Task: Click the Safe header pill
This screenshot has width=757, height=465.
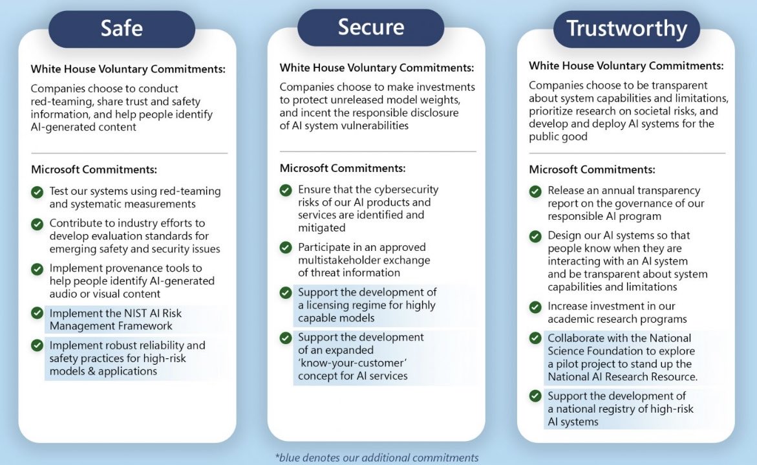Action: click(122, 28)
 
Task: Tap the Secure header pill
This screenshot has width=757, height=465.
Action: click(370, 27)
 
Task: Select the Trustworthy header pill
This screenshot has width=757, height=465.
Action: click(626, 29)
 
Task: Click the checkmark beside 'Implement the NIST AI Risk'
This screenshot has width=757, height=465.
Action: click(37, 313)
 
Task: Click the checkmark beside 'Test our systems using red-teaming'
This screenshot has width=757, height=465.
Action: click(37, 191)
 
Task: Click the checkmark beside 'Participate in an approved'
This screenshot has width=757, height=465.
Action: click(286, 248)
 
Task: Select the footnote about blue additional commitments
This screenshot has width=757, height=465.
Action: click(377, 457)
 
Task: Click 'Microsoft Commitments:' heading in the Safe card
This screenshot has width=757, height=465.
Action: click(94, 170)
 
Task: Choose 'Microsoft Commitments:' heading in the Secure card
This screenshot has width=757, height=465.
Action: click(343, 168)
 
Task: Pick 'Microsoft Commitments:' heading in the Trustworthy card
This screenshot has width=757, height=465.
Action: click(592, 169)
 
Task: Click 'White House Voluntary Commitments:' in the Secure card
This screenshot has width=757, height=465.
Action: click(376, 67)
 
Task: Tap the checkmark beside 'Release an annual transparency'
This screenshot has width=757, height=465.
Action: click(535, 191)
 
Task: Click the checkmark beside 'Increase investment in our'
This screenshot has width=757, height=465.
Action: click(535, 307)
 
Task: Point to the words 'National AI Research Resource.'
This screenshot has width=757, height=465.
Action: click(623, 376)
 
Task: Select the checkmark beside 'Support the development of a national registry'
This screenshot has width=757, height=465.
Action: click(535, 396)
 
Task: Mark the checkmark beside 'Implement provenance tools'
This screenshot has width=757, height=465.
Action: click(37, 268)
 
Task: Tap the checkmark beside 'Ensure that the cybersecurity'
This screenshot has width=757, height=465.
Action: click(286, 191)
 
